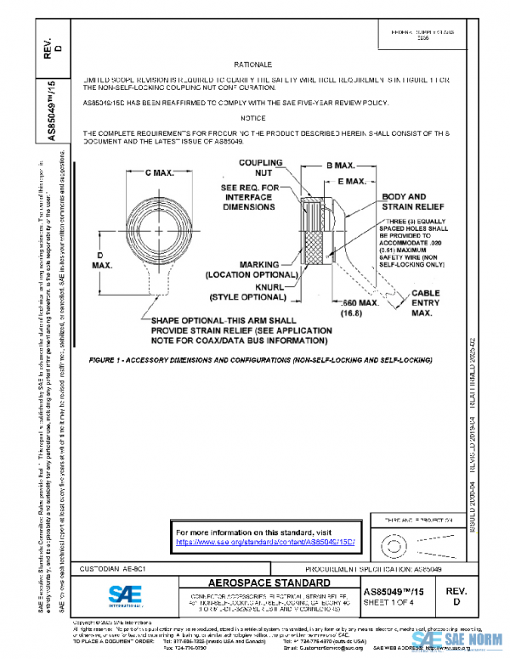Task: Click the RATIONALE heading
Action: (x=252, y=65)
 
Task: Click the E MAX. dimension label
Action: (x=352, y=181)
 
